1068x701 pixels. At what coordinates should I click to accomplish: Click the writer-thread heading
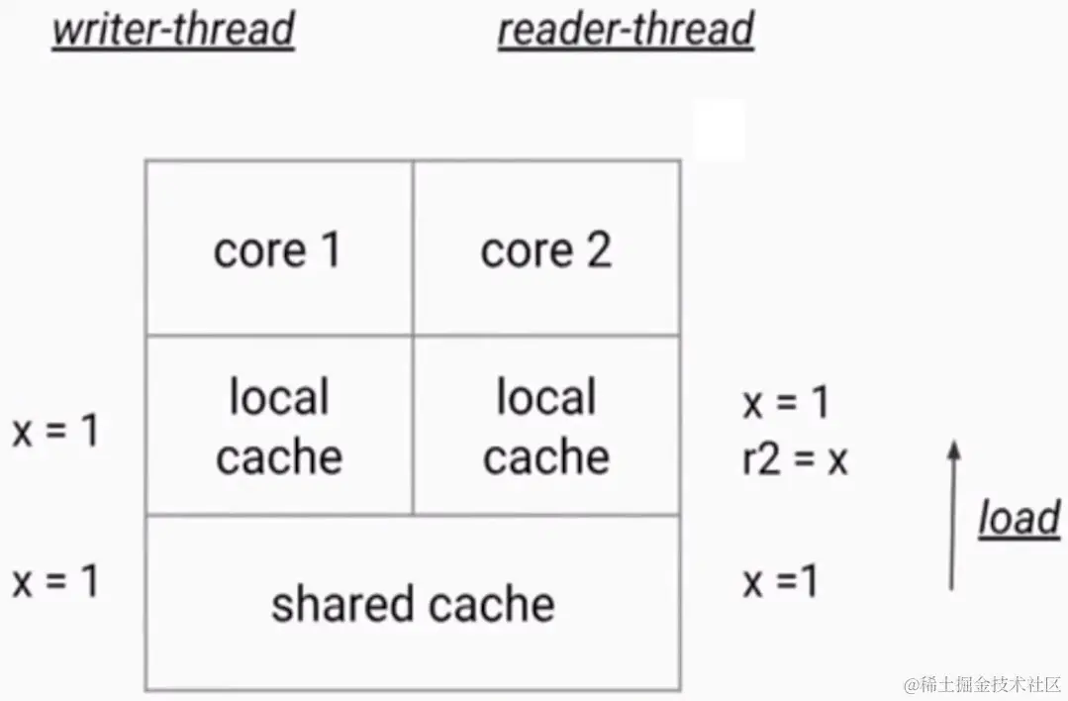coord(173,30)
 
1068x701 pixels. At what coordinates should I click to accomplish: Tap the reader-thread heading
coord(626,30)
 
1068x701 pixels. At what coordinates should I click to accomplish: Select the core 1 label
coord(277,250)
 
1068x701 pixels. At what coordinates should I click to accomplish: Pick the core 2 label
coord(545,250)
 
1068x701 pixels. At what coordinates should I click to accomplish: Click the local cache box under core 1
coord(279,427)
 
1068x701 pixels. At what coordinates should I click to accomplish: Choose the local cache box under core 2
coord(546,427)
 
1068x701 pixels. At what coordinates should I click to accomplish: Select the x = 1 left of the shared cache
coord(55,581)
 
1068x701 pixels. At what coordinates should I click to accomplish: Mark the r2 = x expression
coord(795,460)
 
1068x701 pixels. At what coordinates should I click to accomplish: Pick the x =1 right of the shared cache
coord(781,582)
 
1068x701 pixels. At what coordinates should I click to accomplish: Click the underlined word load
coord(1019,519)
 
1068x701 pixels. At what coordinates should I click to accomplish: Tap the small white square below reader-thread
coord(720,130)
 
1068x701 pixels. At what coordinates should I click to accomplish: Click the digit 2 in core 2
coord(597,250)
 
